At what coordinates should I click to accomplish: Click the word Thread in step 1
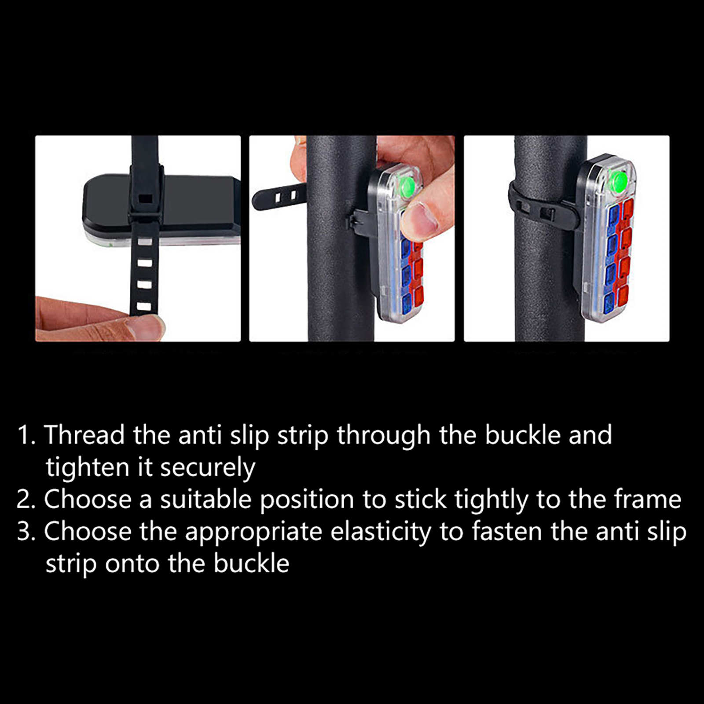[x=84, y=435]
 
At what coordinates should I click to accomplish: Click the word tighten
[x=87, y=468]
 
